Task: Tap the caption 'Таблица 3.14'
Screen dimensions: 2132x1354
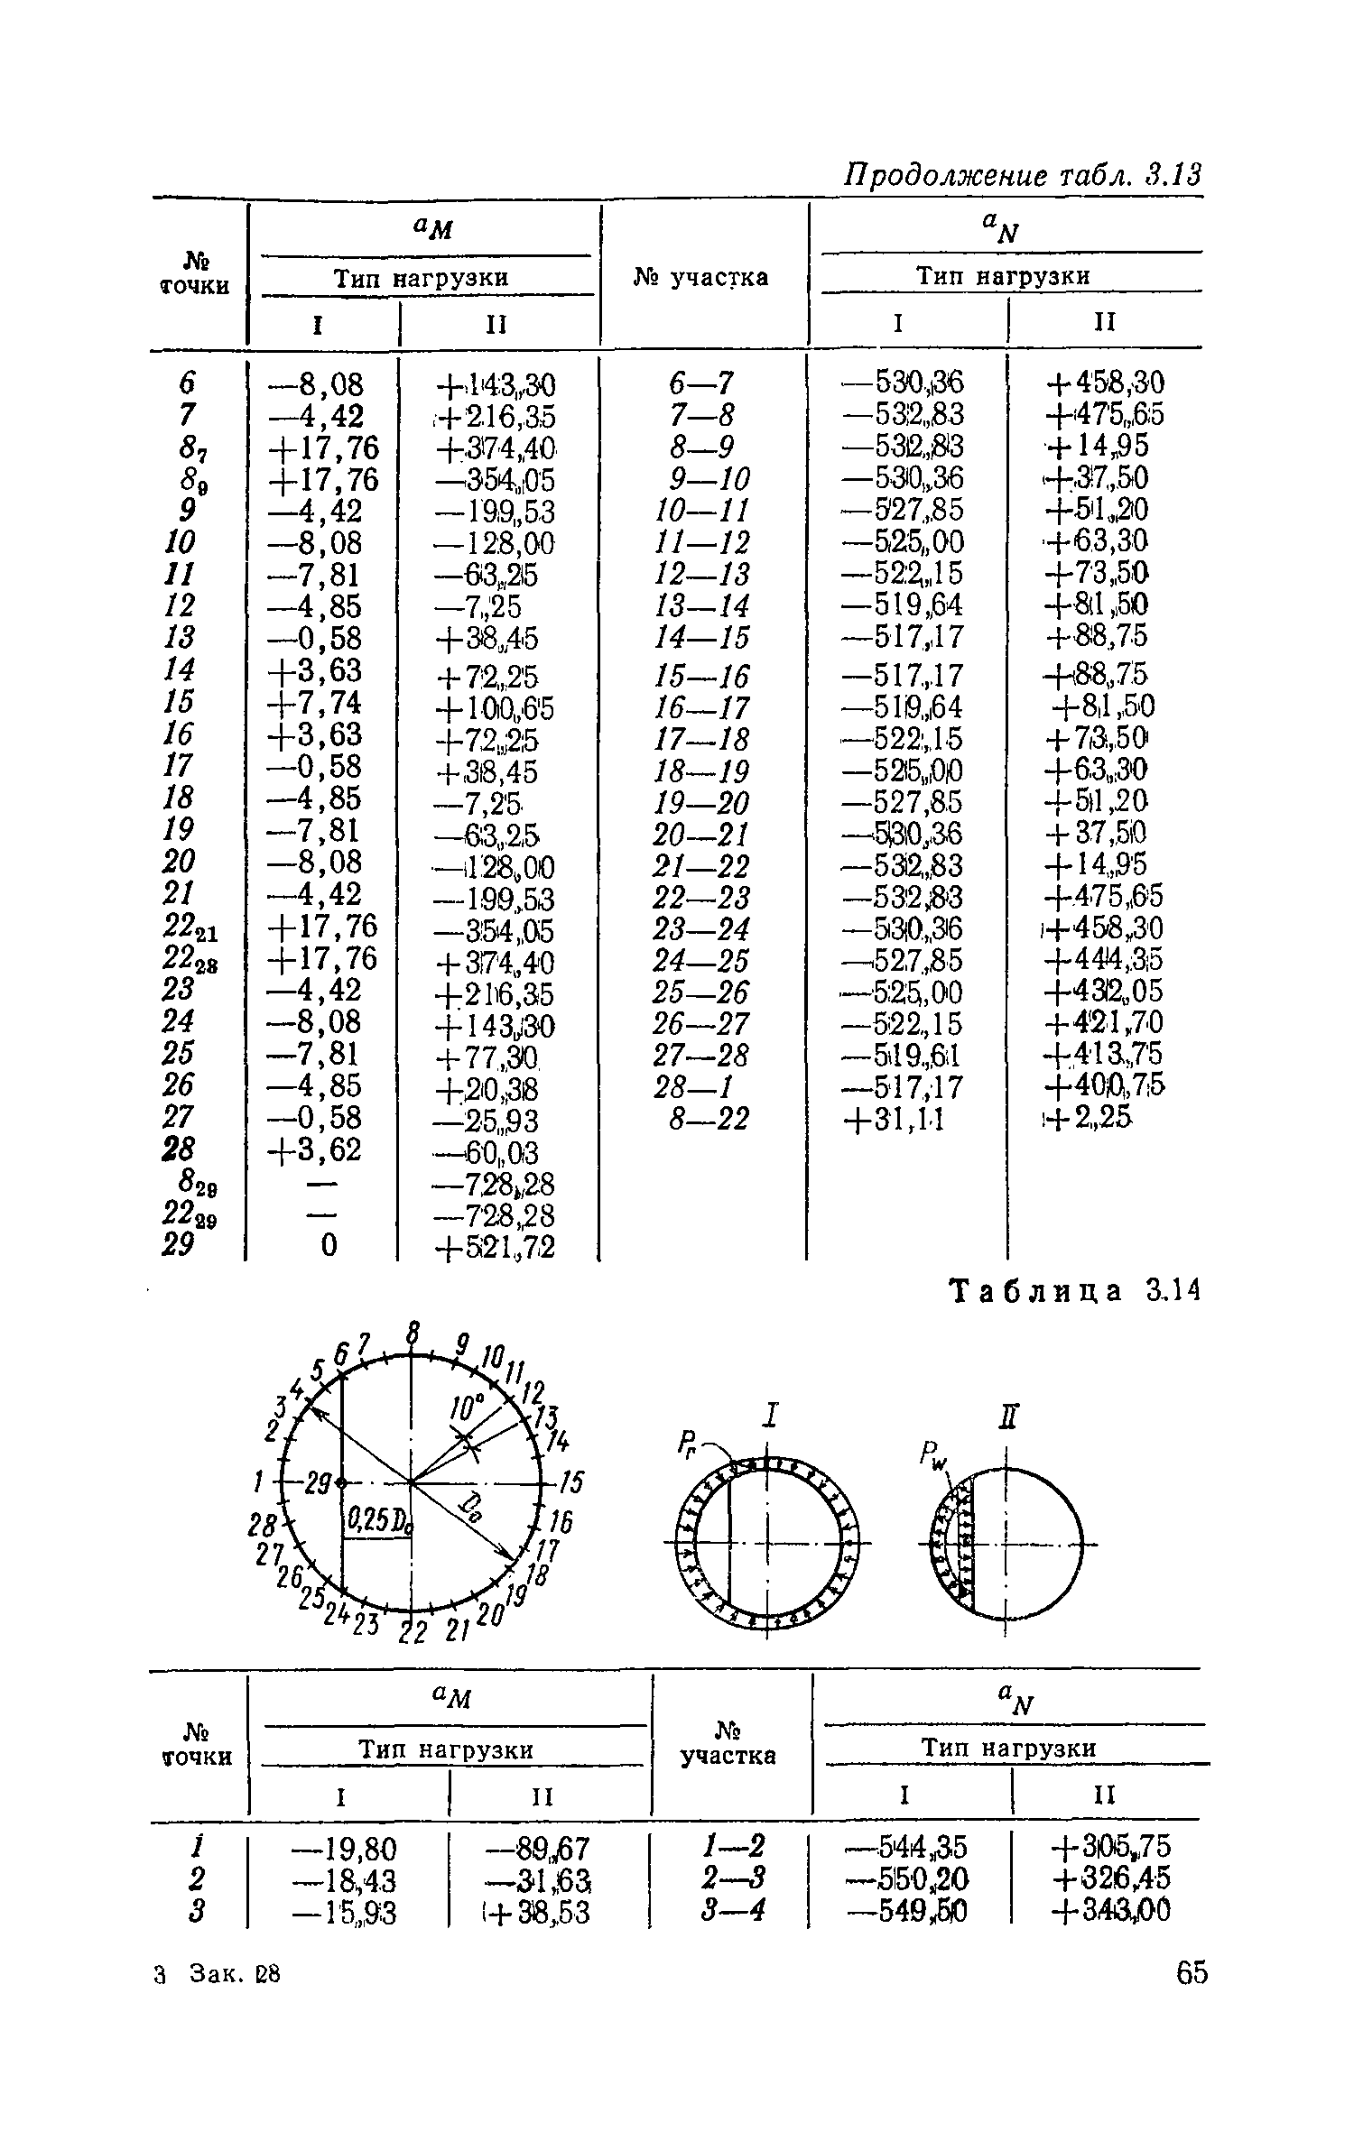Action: (x=1076, y=1292)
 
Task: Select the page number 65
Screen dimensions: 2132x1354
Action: (x=1192, y=1973)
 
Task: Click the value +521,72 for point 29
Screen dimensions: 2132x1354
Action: (x=496, y=1247)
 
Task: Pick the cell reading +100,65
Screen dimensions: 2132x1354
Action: (x=496, y=708)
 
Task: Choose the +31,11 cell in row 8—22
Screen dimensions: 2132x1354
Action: (x=894, y=1120)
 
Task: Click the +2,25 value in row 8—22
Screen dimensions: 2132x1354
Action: (x=1089, y=1120)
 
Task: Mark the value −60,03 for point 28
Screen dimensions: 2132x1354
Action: (x=487, y=1152)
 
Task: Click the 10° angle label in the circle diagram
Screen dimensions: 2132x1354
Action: (x=468, y=1408)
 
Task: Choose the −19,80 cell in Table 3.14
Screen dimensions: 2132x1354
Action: (x=344, y=1850)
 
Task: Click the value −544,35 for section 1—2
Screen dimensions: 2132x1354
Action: (x=905, y=1850)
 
